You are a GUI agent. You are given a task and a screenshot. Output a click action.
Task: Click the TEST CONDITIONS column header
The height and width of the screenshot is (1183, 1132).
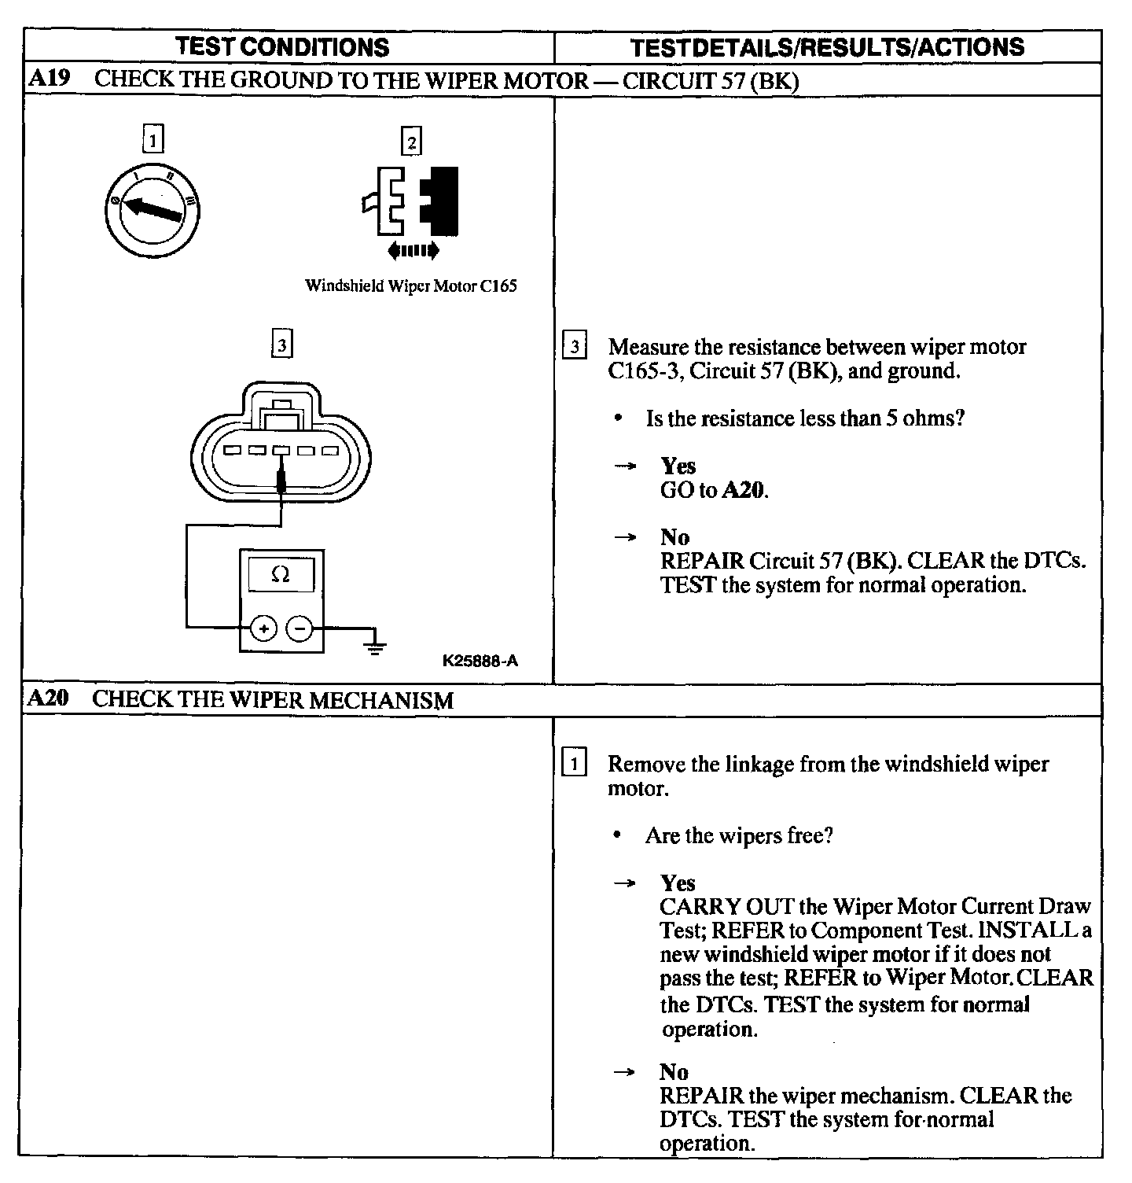(283, 47)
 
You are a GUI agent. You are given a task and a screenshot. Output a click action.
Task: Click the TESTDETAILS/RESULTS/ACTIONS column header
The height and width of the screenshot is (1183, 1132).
(828, 47)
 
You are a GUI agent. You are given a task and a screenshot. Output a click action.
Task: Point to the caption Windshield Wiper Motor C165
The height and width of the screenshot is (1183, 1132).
(410, 286)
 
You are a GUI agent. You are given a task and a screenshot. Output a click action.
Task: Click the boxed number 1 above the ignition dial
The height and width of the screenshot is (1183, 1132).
(153, 142)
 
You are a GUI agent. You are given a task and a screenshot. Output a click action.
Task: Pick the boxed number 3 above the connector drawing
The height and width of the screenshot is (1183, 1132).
(281, 345)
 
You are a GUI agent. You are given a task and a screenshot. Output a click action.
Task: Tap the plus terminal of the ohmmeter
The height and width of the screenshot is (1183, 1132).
(263, 628)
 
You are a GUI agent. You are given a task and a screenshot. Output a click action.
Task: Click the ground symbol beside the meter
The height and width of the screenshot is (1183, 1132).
(377, 645)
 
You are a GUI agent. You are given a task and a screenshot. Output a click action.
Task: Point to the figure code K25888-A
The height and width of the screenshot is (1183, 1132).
(480, 661)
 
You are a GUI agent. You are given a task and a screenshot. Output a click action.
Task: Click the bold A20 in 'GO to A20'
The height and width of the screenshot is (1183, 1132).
(743, 491)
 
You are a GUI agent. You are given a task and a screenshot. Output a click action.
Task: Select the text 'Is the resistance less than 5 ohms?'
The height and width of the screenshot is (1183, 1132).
(805, 418)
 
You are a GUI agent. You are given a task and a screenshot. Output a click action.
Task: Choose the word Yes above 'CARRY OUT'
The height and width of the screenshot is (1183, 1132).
(678, 883)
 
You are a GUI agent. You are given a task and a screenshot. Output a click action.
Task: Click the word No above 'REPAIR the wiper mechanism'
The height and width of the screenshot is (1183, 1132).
(674, 1071)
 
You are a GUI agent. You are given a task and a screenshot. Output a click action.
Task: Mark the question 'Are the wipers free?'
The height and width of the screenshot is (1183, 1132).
(739, 835)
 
